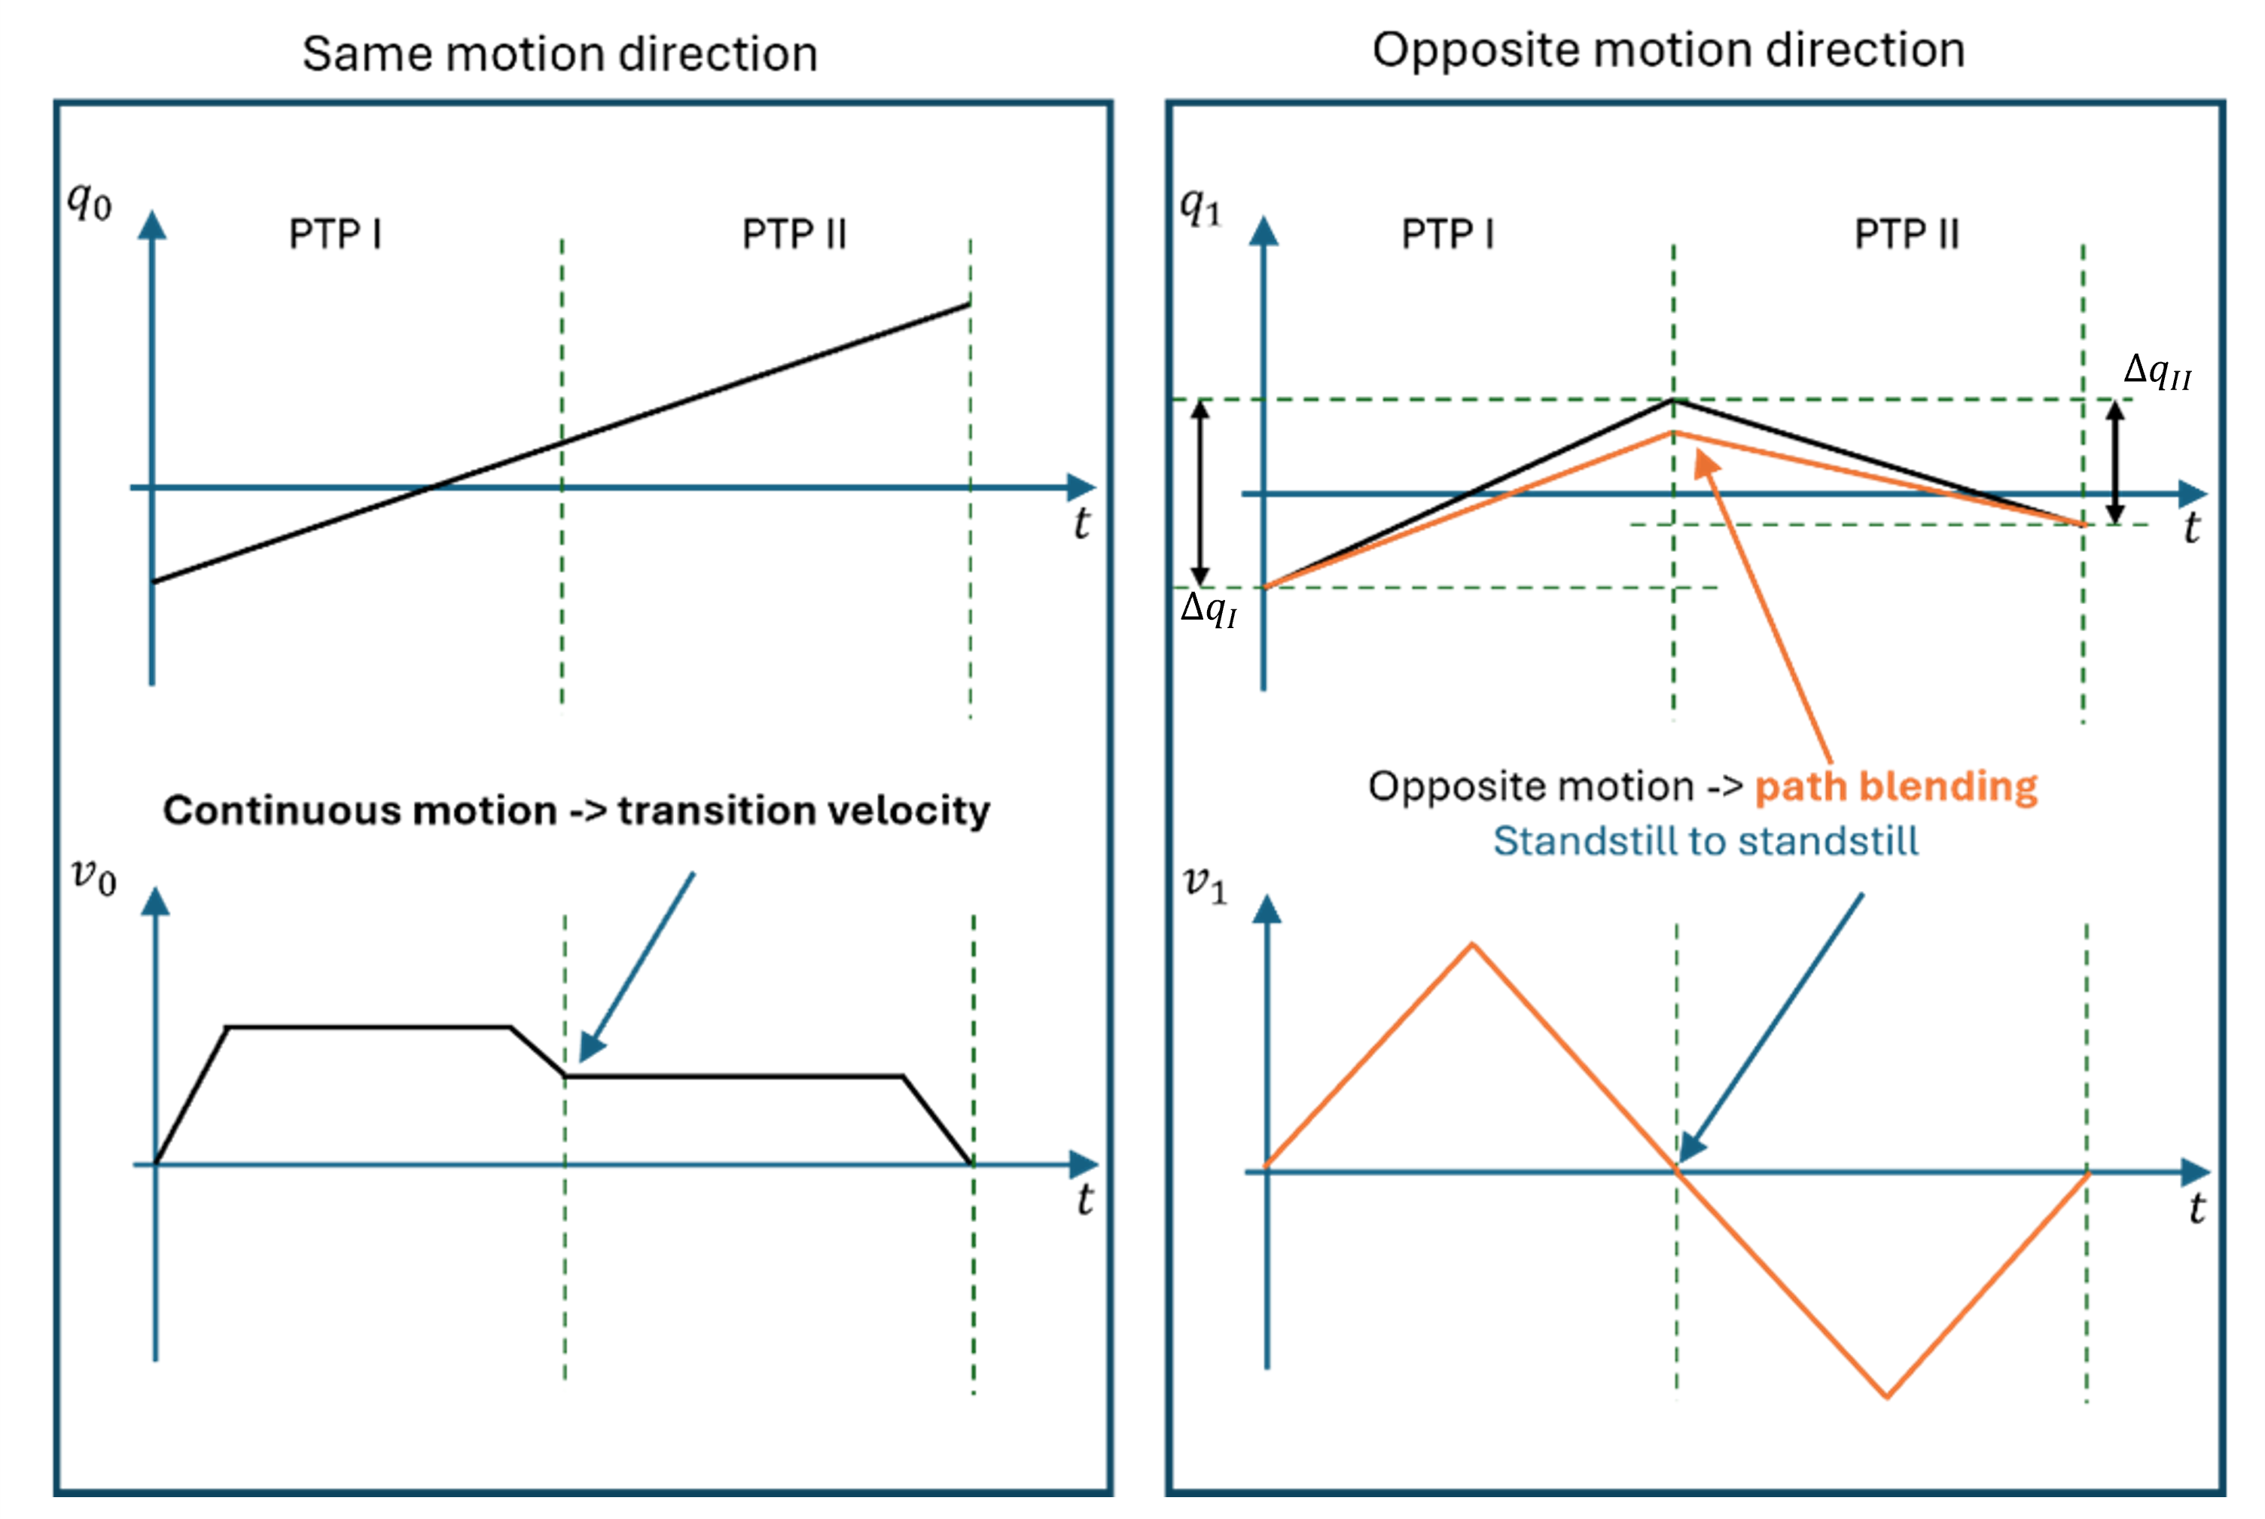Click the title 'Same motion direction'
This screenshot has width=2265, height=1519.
(559, 53)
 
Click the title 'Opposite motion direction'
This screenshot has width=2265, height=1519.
(1669, 50)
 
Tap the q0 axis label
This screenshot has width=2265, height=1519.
(89, 202)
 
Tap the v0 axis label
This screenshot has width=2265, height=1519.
(94, 877)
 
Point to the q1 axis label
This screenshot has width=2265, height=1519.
(1201, 206)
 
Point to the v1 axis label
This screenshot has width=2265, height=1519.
(1206, 884)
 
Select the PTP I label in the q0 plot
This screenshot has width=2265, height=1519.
(335, 234)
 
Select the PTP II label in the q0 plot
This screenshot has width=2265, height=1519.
(794, 234)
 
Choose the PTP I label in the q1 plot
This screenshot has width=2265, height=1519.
(1448, 234)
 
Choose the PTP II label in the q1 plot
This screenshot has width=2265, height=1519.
(1907, 234)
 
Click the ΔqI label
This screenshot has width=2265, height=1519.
(1209, 610)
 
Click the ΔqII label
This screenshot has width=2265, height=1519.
(2157, 371)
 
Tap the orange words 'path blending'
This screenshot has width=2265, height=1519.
(1896, 787)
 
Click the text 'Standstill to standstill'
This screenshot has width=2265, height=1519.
(1706, 841)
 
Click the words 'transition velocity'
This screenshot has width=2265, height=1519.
(803, 810)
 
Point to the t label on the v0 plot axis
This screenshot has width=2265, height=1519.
(1084, 1200)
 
